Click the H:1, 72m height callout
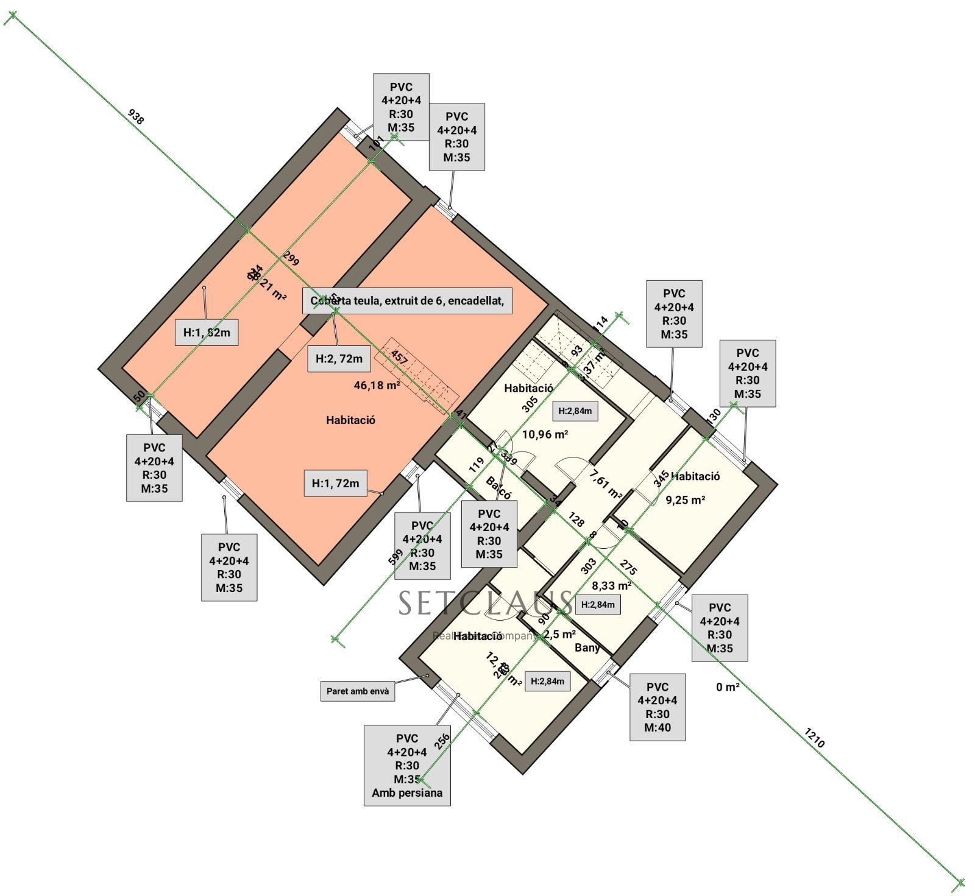click(x=335, y=484)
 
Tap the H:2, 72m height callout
click(x=339, y=359)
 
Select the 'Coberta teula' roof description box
click(x=407, y=301)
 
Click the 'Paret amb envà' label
click(x=357, y=691)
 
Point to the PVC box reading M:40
click(x=657, y=707)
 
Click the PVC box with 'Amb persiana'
click(x=407, y=766)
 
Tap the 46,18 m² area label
click(x=377, y=385)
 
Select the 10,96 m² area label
click(x=545, y=434)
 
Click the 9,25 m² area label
click(x=685, y=500)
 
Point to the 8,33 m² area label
click(x=611, y=586)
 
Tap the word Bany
click(x=587, y=647)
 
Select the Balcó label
click(x=499, y=488)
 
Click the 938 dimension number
click(x=136, y=116)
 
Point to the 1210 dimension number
click(x=814, y=738)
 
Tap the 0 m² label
click(x=728, y=687)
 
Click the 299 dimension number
click(x=291, y=259)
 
